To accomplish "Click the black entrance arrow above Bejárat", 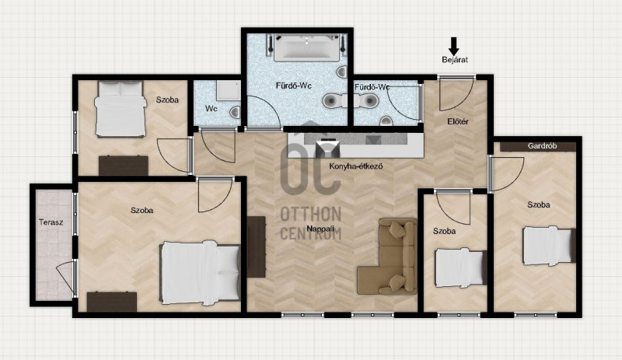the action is pyautogui.click(x=454, y=46).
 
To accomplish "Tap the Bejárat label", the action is pyautogui.click(x=455, y=60).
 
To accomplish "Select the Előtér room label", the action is pyautogui.click(x=458, y=121).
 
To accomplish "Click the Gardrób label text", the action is pyautogui.click(x=542, y=146).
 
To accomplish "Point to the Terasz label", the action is pyautogui.click(x=51, y=222).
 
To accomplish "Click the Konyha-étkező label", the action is pyautogui.click(x=356, y=166).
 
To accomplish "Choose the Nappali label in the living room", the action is pyautogui.click(x=320, y=229).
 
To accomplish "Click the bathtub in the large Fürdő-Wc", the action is pyautogui.click(x=307, y=48).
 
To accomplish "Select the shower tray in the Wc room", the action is pyautogui.click(x=228, y=90).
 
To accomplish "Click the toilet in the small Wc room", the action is pyautogui.click(x=235, y=112).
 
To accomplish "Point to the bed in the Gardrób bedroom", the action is pyautogui.click(x=549, y=246).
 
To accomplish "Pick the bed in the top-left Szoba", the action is pyautogui.click(x=120, y=109).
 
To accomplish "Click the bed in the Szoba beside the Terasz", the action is pyautogui.click(x=200, y=273).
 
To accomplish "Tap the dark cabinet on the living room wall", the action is pyautogui.click(x=257, y=247).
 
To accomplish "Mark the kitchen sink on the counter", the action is pyautogui.click(x=328, y=149).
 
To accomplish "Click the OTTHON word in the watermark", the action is pyautogui.click(x=310, y=215).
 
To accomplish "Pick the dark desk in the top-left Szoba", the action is pyautogui.click(x=124, y=166).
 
